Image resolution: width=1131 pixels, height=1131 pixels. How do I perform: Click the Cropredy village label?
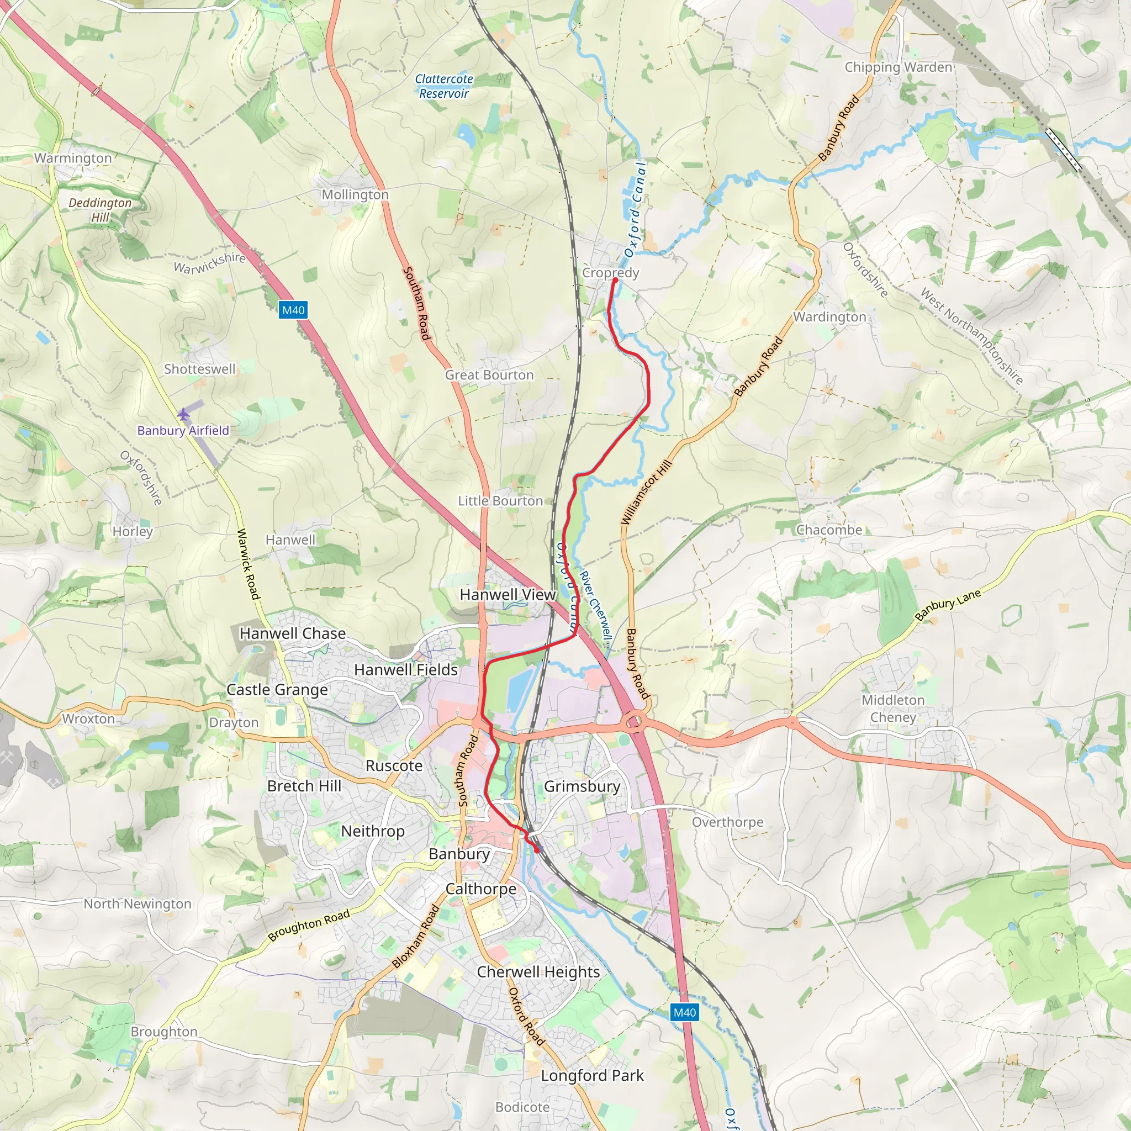[610, 273]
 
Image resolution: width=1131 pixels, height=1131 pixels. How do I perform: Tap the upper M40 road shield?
[293, 310]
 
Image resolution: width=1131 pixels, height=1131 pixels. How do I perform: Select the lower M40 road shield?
[684, 1012]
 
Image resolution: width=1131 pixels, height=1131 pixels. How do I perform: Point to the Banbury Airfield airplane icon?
[184, 415]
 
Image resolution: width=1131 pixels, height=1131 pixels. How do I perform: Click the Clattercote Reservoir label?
[444, 86]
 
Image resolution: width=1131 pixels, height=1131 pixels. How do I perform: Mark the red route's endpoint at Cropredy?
[615, 281]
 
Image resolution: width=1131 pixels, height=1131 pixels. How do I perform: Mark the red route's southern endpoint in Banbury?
[537, 849]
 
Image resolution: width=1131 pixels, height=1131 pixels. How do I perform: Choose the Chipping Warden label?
[898, 67]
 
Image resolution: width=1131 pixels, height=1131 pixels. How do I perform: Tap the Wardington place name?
[829, 316]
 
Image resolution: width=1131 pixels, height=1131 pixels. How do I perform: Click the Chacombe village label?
[829, 530]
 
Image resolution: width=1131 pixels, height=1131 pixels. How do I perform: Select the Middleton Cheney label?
[893, 709]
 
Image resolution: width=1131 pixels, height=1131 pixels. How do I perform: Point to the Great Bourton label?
[489, 374]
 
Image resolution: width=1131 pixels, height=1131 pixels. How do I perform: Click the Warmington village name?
[72, 158]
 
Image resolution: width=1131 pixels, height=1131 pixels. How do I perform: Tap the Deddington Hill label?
[100, 209]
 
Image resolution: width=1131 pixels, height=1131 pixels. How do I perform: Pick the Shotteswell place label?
[199, 369]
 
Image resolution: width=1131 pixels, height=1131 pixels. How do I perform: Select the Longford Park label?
[592, 1075]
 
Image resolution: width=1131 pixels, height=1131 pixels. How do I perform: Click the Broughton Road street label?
[309, 925]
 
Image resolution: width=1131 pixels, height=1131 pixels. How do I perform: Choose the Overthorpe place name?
[727, 822]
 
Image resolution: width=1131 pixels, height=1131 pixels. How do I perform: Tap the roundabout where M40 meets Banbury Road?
[634, 721]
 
